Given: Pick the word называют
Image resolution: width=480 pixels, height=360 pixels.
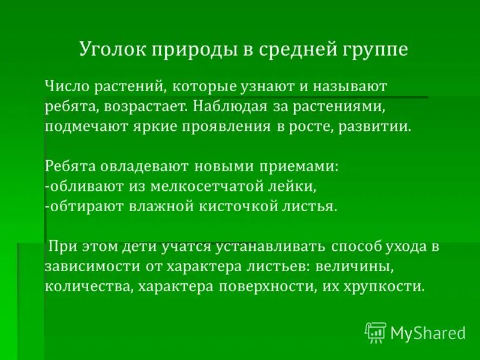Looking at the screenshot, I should click(350, 86).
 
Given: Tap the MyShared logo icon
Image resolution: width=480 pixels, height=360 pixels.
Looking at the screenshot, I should click(376, 331).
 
